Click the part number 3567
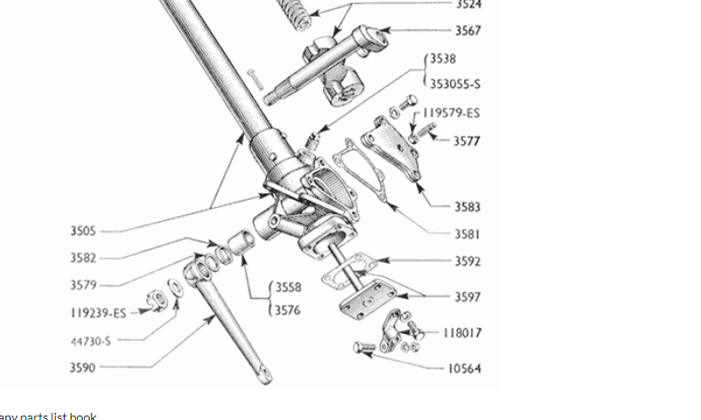click(x=468, y=30)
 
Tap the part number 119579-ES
click(x=451, y=113)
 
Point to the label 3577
click(x=468, y=140)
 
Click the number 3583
click(x=468, y=207)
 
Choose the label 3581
click(x=468, y=234)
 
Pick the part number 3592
click(x=468, y=262)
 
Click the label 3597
click(x=468, y=297)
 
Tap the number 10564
click(x=465, y=368)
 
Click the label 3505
click(x=83, y=231)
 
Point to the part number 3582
click(x=83, y=258)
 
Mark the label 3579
click(x=83, y=285)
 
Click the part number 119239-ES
click(x=98, y=313)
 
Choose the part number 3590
click(x=83, y=367)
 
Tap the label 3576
click(x=287, y=310)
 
